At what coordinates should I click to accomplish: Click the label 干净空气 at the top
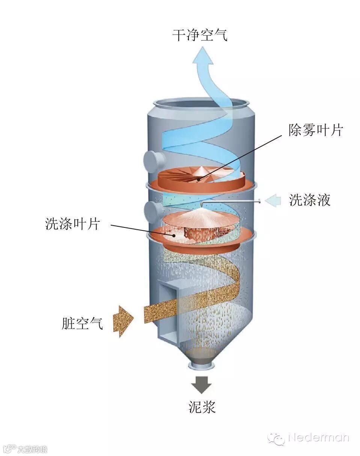(x=200, y=36)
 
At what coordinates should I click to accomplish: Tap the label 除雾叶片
(x=316, y=131)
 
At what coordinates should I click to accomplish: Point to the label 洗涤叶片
(x=72, y=224)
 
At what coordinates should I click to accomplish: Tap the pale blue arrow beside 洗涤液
(x=273, y=201)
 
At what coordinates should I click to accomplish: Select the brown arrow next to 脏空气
(x=123, y=321)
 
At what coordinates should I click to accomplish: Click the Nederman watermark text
(x=319, y=438)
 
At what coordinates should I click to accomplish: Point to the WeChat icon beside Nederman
(x=276, y=438)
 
